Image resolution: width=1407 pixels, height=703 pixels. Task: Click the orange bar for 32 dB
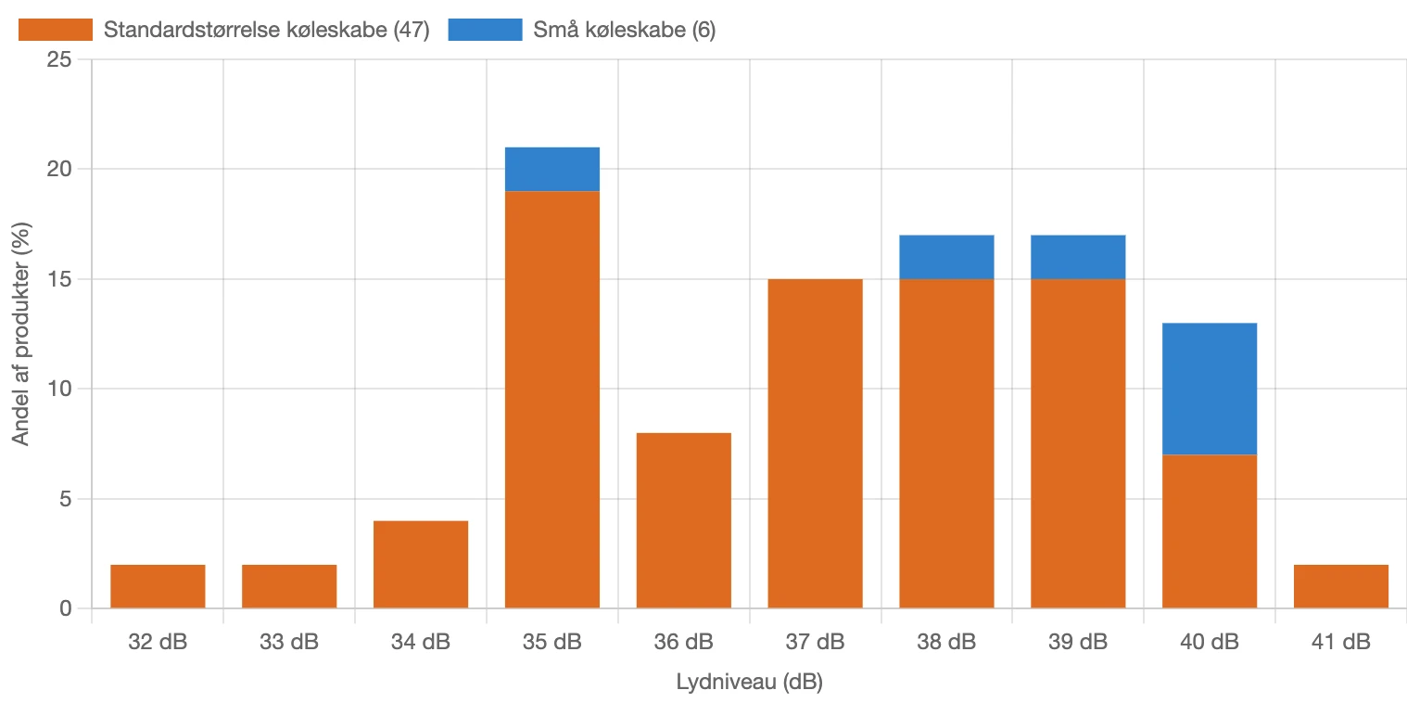pyautogui.click(x=158, y=586)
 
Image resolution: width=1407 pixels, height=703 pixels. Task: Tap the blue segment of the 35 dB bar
pyautogui.click(x=552, y=169)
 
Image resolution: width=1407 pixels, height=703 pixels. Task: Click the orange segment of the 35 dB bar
pyautogui.click(x=552, y=399)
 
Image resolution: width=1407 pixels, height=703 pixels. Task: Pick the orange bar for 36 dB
pyautogui.click(x=684, y=520)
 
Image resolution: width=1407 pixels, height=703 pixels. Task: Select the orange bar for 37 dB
pyautogui.click(x=816, y=443)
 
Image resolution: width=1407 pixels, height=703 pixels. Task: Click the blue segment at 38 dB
pyautogui.click(x=947, y=257)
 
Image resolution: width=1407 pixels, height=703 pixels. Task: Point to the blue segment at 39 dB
pyautogui.click(x=1078, y=257)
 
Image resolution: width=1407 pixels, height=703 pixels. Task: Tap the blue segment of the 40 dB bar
pyautogui.click(x=1210, y=389)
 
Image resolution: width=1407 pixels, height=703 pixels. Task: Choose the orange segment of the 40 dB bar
pyautogui.click(x=1210, y=531)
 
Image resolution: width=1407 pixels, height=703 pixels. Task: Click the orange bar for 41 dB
pyautogui.click(x=1341, y=586)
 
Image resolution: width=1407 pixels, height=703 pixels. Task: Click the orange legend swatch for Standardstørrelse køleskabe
pyautogui.click(x=56, y=30)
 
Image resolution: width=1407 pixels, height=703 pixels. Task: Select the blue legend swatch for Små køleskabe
pyautogui.click(x=485, y=30)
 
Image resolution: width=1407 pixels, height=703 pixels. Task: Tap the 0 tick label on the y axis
pyautogui.click(x=65, y=608)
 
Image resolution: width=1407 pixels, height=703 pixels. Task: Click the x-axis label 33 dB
pyautogui.click(x=289, y=642)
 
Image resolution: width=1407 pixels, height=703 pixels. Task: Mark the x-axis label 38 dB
pyautogui.click(x=947, y=642)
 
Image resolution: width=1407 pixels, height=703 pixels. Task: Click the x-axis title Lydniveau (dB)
pyautogui.click(x=749, y=683)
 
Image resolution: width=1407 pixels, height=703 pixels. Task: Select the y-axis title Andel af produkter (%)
pyautogui.click(x=20, y=334)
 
